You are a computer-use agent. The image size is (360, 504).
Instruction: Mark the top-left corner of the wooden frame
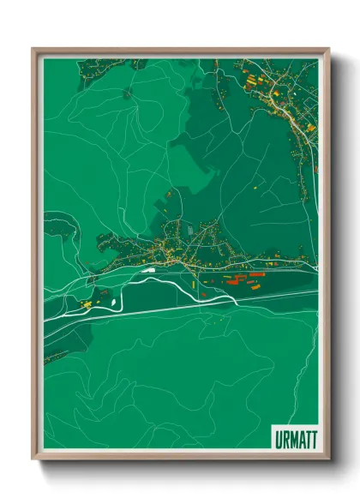[34, 50]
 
